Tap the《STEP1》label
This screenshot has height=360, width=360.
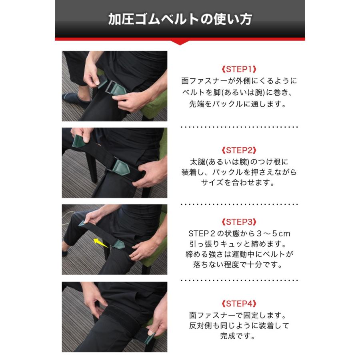(238, 69)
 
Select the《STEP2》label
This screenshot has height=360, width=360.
(238, 150)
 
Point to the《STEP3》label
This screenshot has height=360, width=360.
(238, 222)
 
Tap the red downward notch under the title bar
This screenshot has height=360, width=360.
(180, 42)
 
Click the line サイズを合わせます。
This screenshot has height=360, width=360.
(238, 183)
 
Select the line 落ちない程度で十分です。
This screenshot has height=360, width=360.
(238, 264)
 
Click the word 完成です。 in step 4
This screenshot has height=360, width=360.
(238, 336)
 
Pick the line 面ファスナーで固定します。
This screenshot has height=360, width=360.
(238, 315)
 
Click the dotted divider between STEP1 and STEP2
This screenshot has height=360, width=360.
(239, 127)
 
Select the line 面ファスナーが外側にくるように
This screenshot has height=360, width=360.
(238, 81)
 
